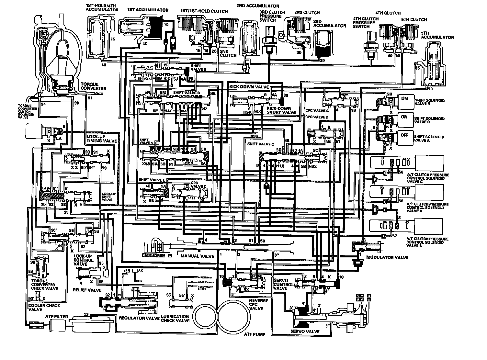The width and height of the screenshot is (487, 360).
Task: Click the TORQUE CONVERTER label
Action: click(94, 86)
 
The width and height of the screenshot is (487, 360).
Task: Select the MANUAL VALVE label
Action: click(193, 256)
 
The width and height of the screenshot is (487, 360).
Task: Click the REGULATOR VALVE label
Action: click(139, 319)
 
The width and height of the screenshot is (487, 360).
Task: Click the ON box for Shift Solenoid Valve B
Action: click(404, 99)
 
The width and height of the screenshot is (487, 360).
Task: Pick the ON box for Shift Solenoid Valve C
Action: click(404, 117)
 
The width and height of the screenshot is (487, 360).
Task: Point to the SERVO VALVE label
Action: click(305, 332)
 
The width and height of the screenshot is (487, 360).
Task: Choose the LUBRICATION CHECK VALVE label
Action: click(175, 319)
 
